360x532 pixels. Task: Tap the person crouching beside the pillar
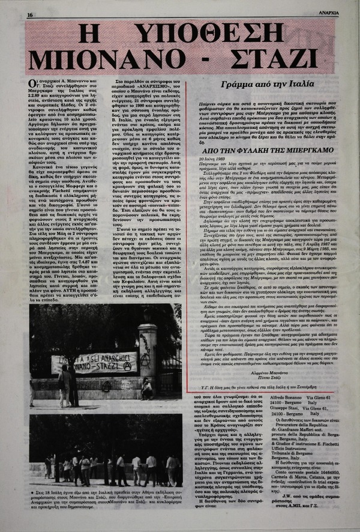click(146, 388)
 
